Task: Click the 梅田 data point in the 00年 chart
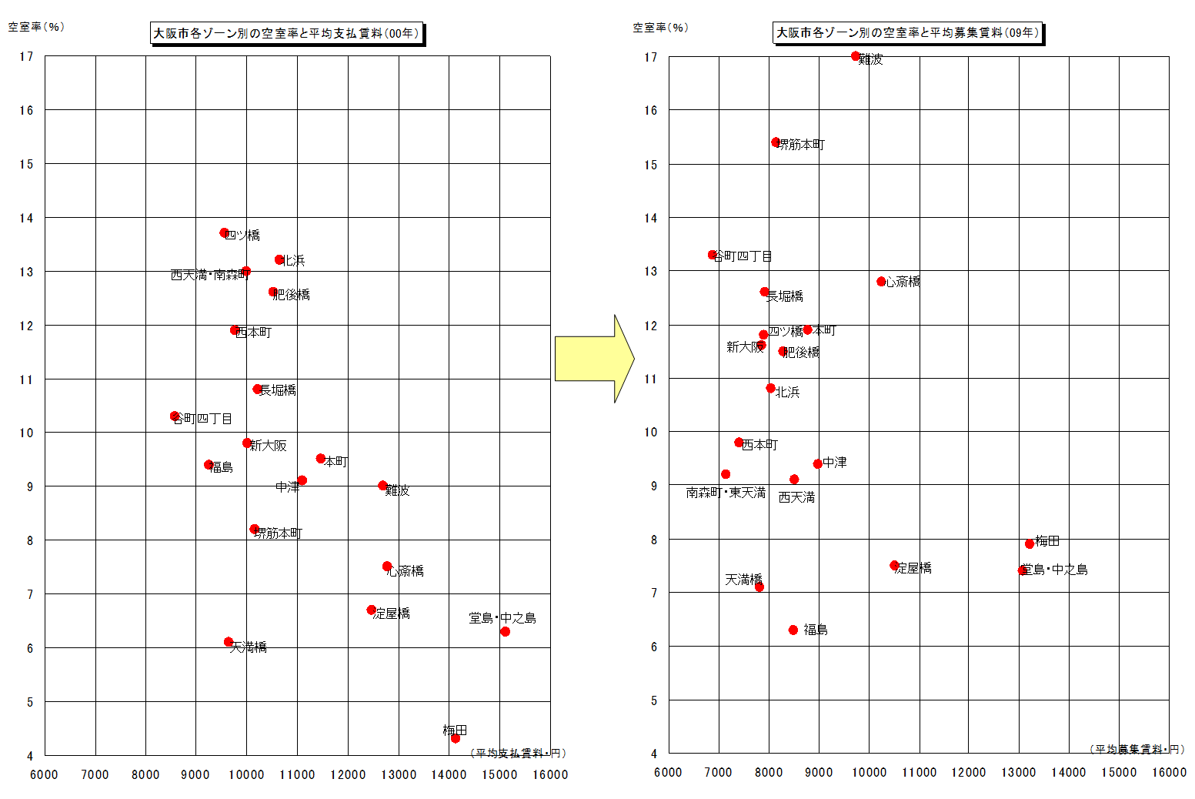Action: pyautogui.click(x=455, y=738)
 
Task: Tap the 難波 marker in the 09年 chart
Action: pyautogui.click(x=856, y=56)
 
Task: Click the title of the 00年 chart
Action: pyautogui.click(x=286, y=33)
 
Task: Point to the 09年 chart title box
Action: pyautogui.click(x=907, y=32)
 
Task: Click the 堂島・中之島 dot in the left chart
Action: pyautogui.click(x=505, y=631)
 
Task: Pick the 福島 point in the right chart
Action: pyautogui.click(x=793, y=630)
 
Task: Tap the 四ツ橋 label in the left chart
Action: pyautogui.click(x=244, y=236)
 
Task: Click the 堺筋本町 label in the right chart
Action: pyautogui.click(x=802, y=145)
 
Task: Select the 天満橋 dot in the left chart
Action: pyautogui.click(x=229, y=642)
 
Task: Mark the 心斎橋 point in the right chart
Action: pyautogui.click(x=881, y=282)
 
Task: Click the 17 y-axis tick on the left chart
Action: pyautogui.click(x=27, y=56)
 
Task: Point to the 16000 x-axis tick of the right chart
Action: pyautogui.click(x=1168, y=772)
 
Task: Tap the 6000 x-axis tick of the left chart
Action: pyautogui.click(x=44, y=774)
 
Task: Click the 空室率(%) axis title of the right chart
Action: pyautogui.click(x=660, y=28)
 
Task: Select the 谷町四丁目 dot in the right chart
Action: pyautogui.click(x=713, y=255)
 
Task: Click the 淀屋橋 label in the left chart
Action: pyautogui.click(x=392, y=613)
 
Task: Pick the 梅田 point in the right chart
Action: pyautogui.click(x=1030, y=543)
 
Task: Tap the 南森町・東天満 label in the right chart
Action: pyautogui.click(x=726, y=493)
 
